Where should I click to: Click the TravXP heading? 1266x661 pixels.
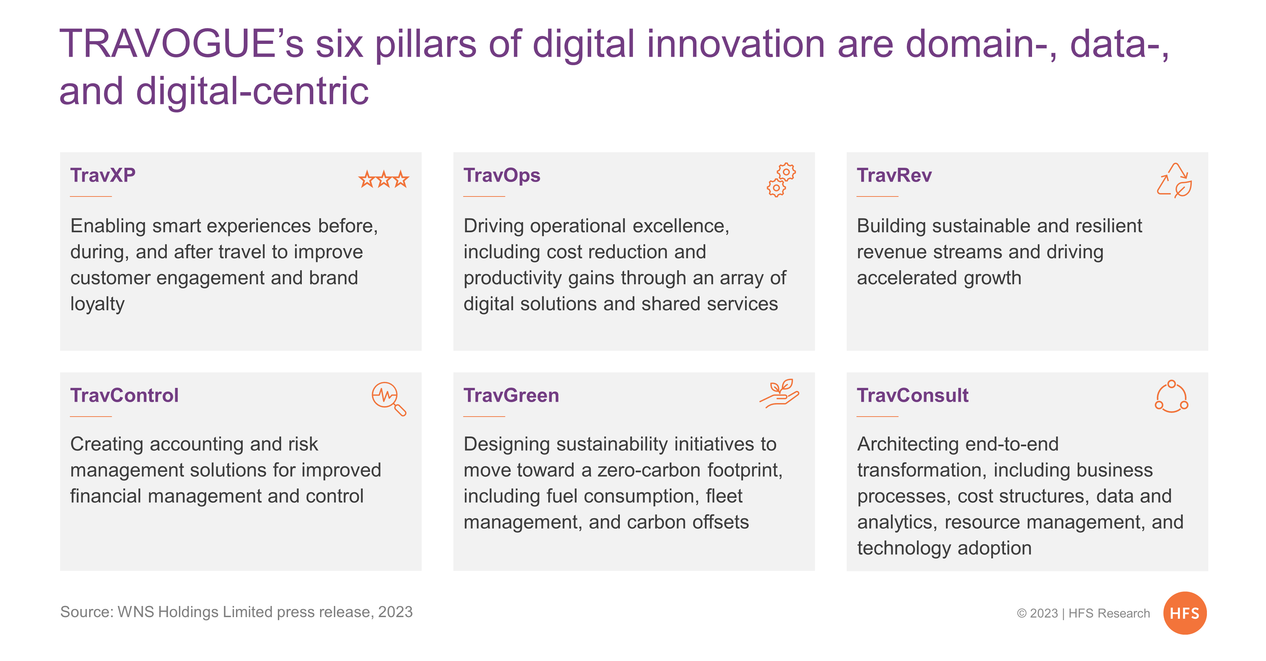103,176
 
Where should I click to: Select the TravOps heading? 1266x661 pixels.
502,176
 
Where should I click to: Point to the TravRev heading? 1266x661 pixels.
894,176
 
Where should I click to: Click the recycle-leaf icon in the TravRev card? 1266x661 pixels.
1174,180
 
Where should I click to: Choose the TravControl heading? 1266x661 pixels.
124,396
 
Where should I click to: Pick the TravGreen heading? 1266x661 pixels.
511,396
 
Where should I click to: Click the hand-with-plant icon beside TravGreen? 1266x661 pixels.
780,393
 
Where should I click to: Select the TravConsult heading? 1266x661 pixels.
913,396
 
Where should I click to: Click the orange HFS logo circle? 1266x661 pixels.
1185,613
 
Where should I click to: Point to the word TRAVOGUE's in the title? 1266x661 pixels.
182,44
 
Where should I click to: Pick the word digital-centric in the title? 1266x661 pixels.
252,91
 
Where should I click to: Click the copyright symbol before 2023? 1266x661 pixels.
1022,613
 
